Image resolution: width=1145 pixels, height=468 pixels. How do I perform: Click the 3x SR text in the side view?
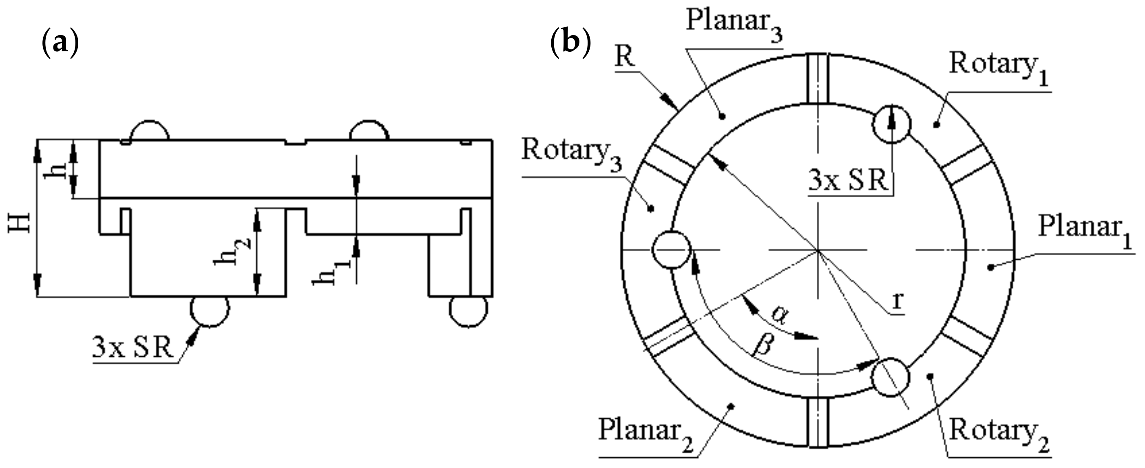click(133, 349)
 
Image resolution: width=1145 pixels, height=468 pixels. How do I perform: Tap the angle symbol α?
click(779, 314)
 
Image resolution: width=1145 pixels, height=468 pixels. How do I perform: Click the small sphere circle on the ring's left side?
click(672, 249)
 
